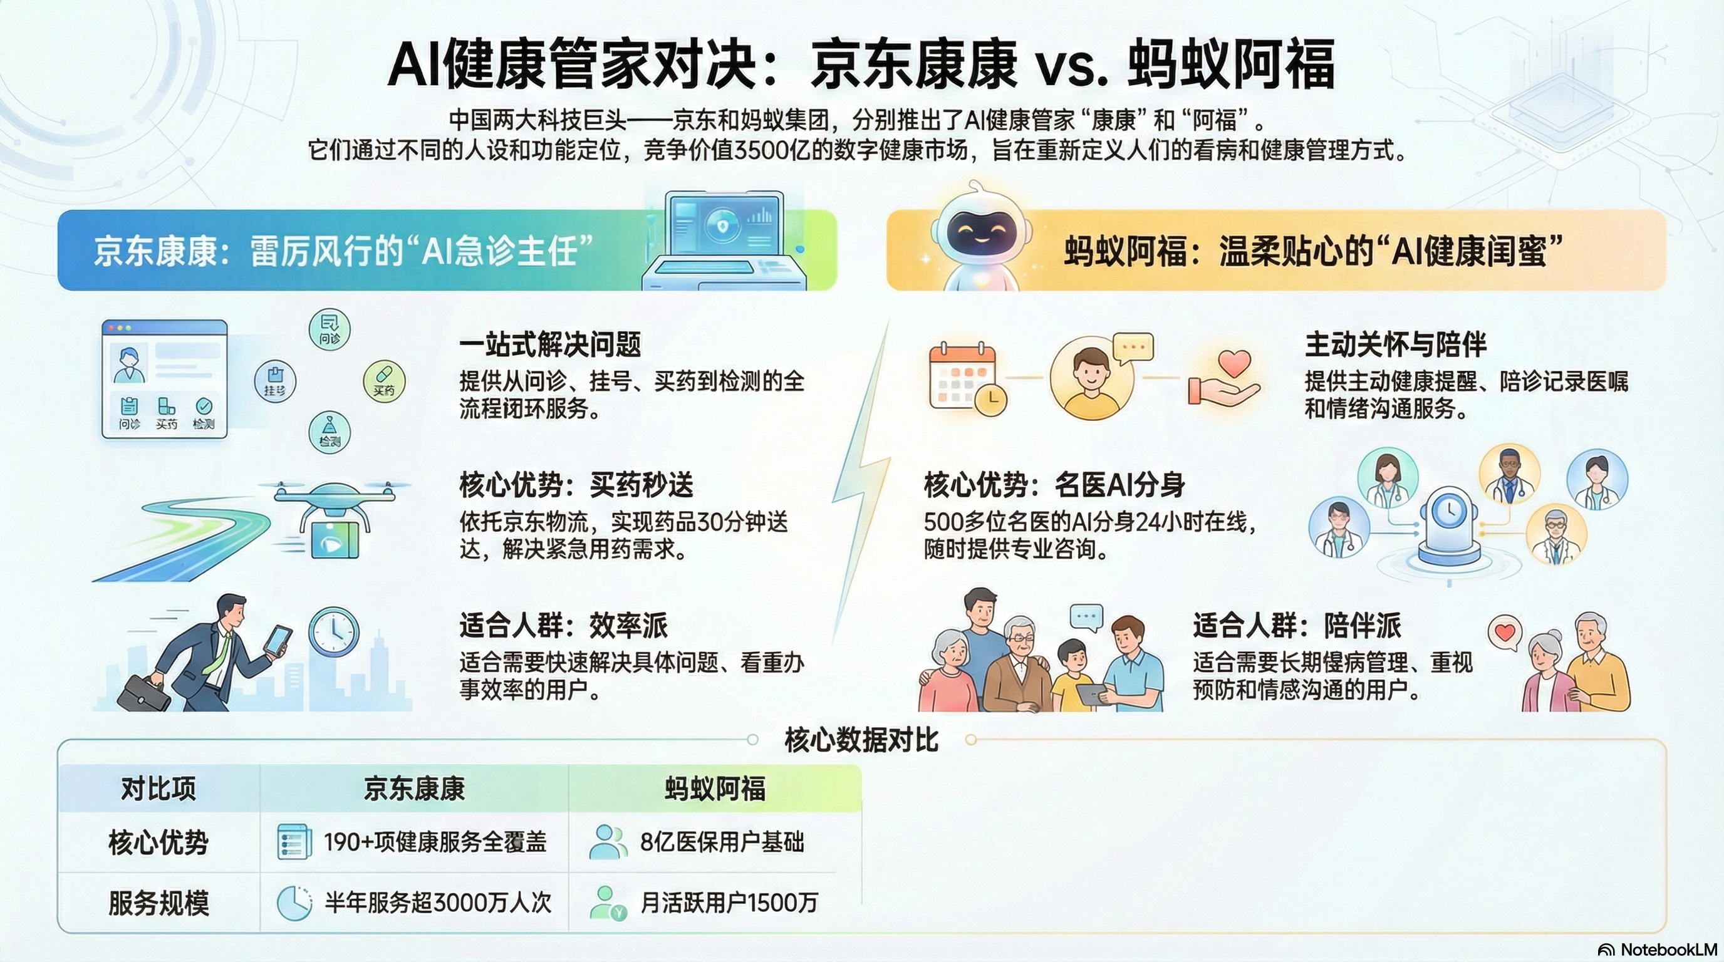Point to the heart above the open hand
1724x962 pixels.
coord(1234,365)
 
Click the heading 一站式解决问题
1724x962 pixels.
coord(550,344)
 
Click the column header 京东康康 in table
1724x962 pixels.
coord(414,788)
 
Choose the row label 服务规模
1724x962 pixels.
coord(158,903)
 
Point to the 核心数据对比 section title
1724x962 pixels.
coord(861,740)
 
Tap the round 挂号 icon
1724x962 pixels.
coord(275,381)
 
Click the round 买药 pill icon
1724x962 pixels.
coord(384,381)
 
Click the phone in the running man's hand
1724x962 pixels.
coord(277,640)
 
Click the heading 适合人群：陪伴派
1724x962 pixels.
coord(1297,626)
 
